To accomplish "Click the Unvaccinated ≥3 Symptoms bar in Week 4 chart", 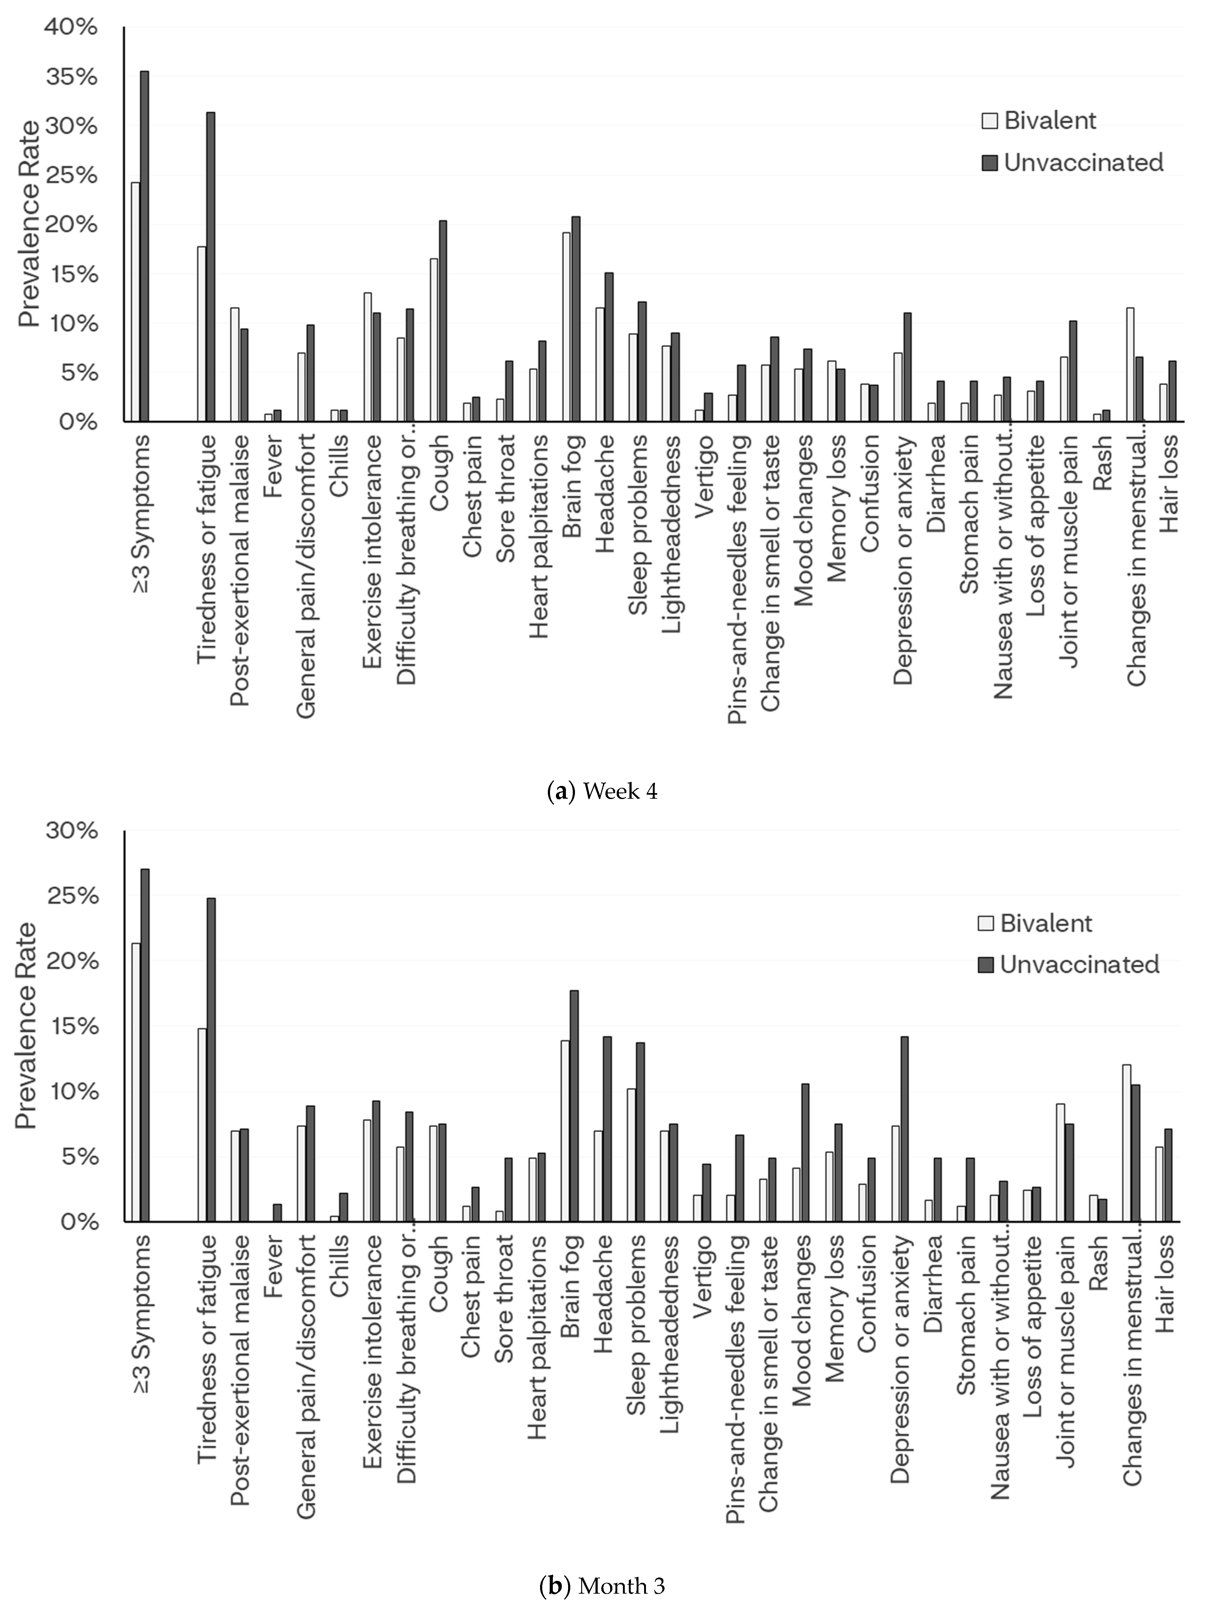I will point(145,246).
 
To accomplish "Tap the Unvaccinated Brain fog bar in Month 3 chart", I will point(574,1105).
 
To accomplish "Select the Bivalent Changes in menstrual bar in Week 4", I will point(1129,364).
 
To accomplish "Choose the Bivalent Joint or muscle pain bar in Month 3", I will point(1060,1162).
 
